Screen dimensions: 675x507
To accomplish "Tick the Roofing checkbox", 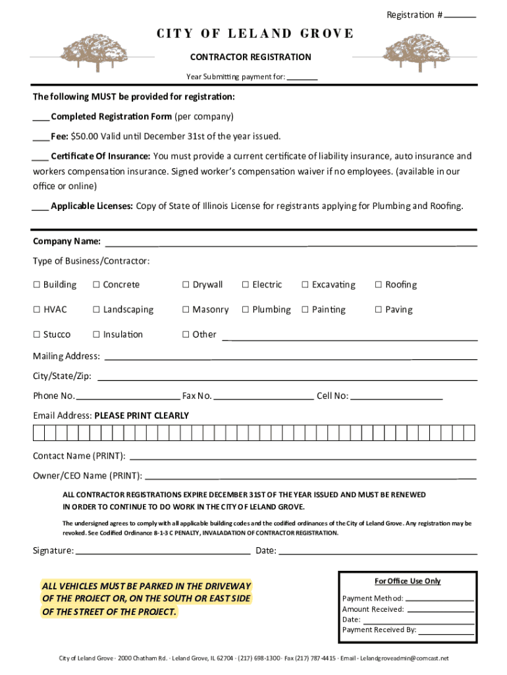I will [x=379, y=285].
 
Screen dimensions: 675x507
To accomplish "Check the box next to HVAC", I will [x=37, y=310].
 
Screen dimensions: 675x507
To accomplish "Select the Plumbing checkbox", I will [x=246, y=310].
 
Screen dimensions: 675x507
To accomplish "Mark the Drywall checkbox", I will [x=186, y=285].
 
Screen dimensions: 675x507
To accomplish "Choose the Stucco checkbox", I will [x=37, y=335].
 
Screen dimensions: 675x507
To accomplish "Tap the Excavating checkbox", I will [x=305, y=285].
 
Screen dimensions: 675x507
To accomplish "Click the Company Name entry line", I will [x=290, y=244].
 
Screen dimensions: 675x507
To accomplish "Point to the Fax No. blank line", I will [x=263, y=399].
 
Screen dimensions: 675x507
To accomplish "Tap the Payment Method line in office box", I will [x=439, y=600].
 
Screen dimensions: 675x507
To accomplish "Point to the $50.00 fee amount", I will [x=84, y=136].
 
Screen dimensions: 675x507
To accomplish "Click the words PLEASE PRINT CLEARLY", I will [x=142, y=416].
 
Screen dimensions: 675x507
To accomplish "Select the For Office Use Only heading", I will [x=408, y=581].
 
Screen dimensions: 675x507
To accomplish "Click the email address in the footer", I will [x=404, y=658].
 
